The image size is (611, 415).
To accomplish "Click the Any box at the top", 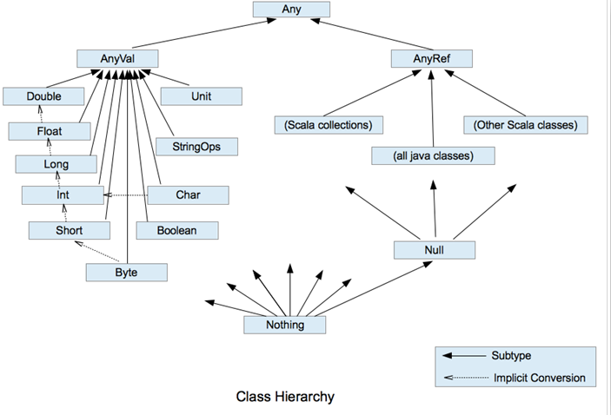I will click(x=292, y=10).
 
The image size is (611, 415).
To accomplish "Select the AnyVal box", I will click(x=117, y=58).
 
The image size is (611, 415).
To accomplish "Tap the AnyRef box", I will click(x=431, y=58).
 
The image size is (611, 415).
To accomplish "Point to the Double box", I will click(x=43, y=96).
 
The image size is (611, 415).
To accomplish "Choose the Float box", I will click(x=50, y=132).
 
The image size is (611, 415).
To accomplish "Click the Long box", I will click(x=56, y=163).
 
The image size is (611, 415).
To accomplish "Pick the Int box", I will click(x=62, y=195).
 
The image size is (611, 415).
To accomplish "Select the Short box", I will click(x=69, y=230).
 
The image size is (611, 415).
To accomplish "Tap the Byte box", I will click(x=126, y=272).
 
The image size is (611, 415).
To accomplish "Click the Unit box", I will click(x=201, y=96).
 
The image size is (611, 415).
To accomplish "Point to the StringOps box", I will click(x=196, y=146).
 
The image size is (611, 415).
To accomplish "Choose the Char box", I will click(x=187, y=195).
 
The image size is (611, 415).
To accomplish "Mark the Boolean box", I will click(x=176, y=230).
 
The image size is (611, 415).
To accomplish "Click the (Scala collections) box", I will click(x=328, y=125).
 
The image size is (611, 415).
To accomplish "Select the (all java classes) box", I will click(x=433, y=156).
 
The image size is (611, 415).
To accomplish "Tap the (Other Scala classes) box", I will click(x=525, y=125).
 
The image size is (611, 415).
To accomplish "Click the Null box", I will click(x=435, y=250).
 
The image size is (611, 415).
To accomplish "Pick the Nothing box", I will click(x=284, y=325).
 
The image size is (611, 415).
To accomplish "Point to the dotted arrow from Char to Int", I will click(x=126, y=195).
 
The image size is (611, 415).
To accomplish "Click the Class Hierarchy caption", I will click(x=285, y=397).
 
